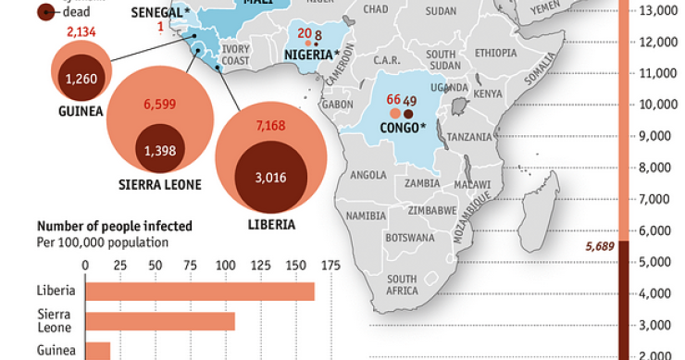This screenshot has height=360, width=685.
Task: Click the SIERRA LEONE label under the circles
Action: click(x=160, y=185)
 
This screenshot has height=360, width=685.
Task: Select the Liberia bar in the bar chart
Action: click(x=200, y=291)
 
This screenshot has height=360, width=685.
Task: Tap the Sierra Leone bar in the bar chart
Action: click(x=160, y=321)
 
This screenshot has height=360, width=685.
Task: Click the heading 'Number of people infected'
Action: click(x=115, y=226)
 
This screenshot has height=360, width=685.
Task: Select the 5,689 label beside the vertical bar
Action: click(x=600, y=247)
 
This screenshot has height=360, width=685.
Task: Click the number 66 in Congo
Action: click(x=393, y=100)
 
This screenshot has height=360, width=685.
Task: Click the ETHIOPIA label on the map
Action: click(x=495, y=53)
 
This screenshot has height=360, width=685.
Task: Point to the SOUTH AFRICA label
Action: click(x=402, y=284)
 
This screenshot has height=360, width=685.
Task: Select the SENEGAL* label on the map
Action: click(x=160, y=10)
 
